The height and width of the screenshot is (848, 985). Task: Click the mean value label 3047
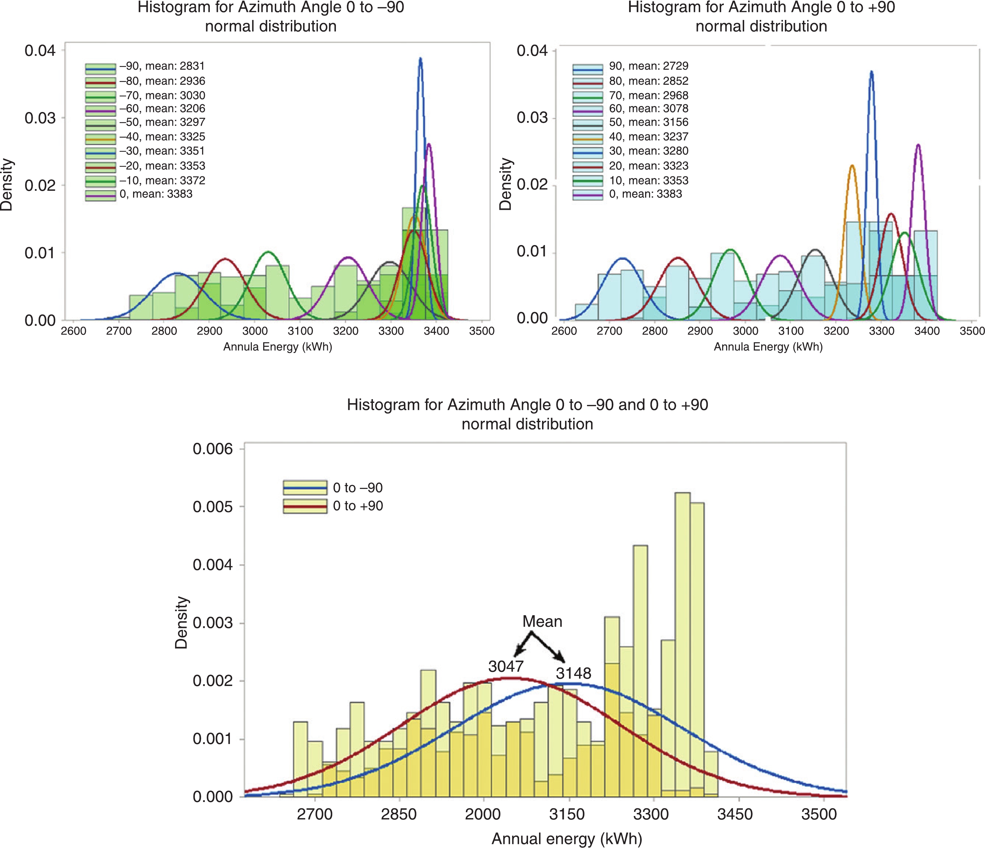pos(506,666)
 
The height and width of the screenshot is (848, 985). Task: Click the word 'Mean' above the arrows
pos(542,621)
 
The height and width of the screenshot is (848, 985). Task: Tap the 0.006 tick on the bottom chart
pos(212,449)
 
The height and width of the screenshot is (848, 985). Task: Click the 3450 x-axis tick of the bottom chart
pos(734,814)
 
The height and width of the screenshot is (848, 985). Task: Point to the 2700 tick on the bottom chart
pos(314,814)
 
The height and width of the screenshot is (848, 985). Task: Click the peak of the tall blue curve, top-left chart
pos(420,58)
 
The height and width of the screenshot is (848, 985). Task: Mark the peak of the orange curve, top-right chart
pos(852,165)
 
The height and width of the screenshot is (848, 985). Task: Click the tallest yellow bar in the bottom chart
pos(683,494)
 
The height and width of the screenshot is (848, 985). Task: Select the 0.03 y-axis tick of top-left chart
pos(40,118)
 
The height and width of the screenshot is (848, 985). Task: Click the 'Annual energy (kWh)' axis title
pos(567,839)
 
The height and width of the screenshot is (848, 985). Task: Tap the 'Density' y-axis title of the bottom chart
pos(181,622)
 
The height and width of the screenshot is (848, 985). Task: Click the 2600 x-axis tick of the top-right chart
pos(564,331)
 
